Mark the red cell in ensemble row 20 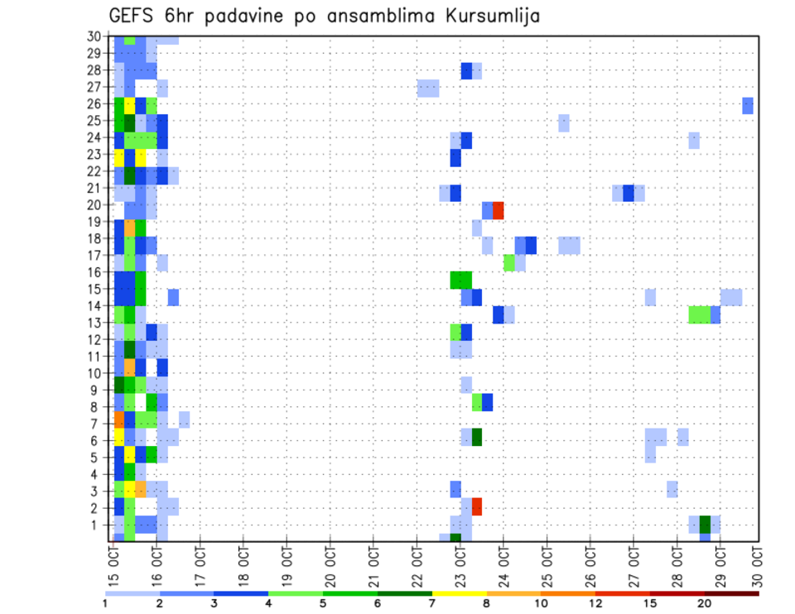point(499,210)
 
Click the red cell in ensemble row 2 point(477,506)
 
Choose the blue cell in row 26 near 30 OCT point(748,106)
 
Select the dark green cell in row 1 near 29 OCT point(705,525)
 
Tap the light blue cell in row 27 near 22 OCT point(428,89)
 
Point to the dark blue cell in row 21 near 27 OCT point(629,193)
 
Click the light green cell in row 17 point(509,262)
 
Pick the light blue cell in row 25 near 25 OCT point(564,122)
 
